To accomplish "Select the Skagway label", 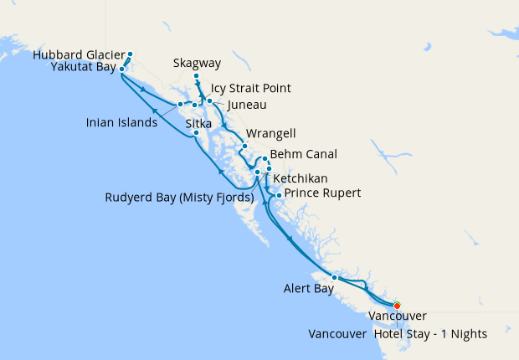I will (x=198, y=63).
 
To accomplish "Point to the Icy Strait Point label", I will (x=251, y=89).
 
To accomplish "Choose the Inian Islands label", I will (x=121, y=123).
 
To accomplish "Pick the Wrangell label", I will (x=271, y=134).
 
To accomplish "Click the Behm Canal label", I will (x=304, y=155).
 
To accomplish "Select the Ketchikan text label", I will (x=300, y=179).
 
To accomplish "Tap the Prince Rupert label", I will (x=323, y=193).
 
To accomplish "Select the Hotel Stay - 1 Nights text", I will (x=430, y=333).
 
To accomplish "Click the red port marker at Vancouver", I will (x=398, y=306).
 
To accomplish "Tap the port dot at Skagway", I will (x=197, y=77).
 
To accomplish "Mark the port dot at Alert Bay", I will (x=334, y=277).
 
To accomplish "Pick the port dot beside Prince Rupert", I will (x=279, y=195).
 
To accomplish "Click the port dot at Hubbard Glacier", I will (x=130, y=55).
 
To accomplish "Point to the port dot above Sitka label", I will (x=196, y=133).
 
